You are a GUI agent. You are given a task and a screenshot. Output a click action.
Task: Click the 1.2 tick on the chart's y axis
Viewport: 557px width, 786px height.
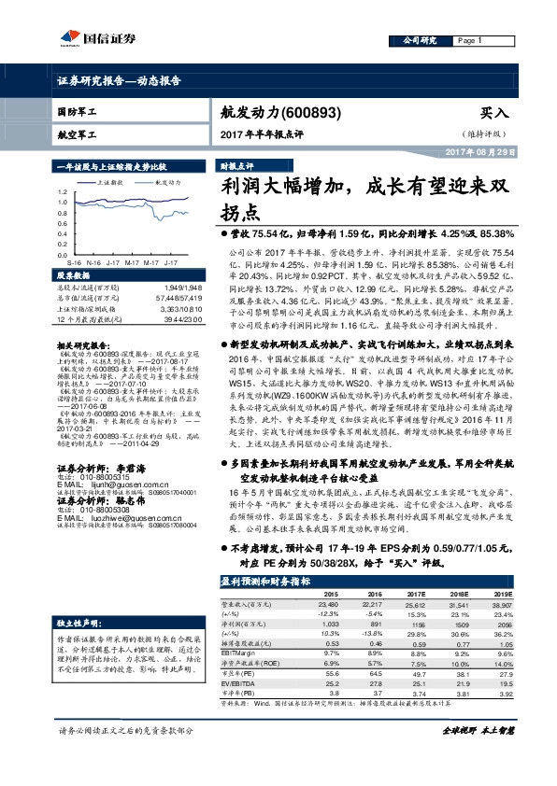pos(62,189)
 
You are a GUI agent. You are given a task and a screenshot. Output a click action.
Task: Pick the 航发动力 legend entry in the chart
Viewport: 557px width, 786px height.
pos(165,183)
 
